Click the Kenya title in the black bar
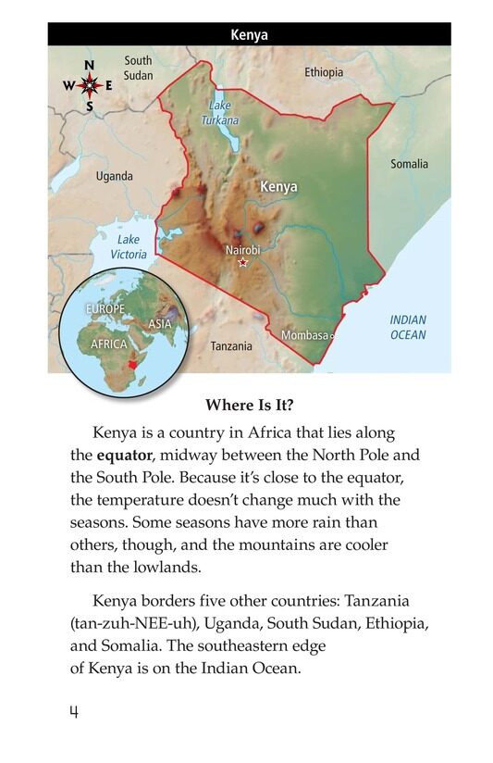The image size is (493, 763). tap(249, 35)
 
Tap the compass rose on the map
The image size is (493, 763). tap(89, 85)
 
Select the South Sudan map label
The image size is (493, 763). tap(138, 68)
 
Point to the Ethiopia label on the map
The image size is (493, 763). tap(324, 72)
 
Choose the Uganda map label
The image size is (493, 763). tap(115, 176)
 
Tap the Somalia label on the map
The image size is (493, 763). tap(409, 164)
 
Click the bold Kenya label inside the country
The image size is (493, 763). tap(278, 186)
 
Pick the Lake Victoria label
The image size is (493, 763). tap(129, 246)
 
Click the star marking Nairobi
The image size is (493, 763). tap(243, 263)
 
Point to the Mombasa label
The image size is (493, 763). tap(304, 335)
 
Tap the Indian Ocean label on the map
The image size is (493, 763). tap(408, 327)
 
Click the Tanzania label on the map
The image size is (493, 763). tap(231, 346)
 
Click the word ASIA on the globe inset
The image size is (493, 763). tap(160, 324)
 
